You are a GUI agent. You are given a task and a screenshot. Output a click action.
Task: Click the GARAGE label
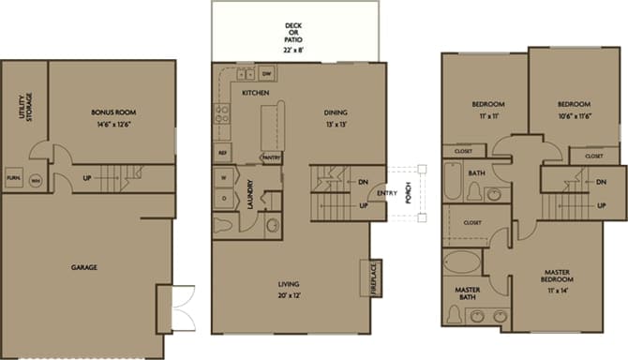click(x=84, y=267)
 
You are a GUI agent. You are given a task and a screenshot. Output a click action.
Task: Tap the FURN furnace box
click(x=14, y=177)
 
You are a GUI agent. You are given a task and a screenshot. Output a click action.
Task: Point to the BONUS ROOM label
click(x=112, y=112)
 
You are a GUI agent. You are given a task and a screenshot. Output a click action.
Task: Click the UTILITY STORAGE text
click(x=23, y=107)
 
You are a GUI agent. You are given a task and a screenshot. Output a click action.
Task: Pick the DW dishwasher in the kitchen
click(x=266, y=73)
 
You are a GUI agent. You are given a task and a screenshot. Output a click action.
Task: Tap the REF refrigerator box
click(x=222, y=152)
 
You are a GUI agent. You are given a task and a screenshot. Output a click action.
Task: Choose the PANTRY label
click(x=272, y=157)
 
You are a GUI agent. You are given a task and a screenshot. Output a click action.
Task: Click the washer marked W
click(x=223, y=176)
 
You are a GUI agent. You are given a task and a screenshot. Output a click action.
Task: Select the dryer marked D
click(x=223, y=198)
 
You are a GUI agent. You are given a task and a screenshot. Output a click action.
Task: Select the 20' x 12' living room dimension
click(x=295, y=294)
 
